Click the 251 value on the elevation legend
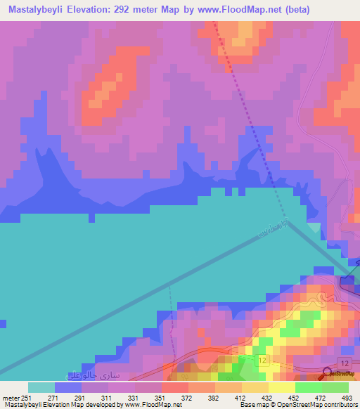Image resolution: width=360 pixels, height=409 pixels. (x=25, y=397)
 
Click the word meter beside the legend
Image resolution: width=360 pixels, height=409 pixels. (x=10, y=397)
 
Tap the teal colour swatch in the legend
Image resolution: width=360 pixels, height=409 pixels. (x=41, y=387)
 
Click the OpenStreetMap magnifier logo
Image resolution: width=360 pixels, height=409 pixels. (x=327, y=373)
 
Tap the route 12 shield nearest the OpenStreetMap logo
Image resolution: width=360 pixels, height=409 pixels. (x=345, y=361)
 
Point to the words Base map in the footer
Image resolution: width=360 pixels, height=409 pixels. (x=252, y=405)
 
